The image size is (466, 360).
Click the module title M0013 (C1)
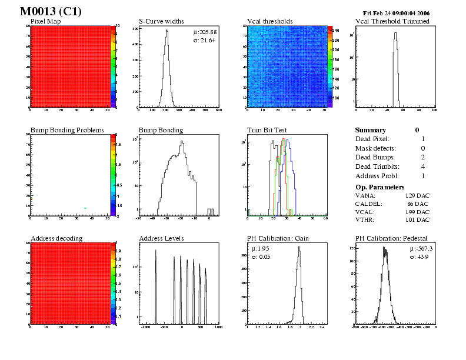(51, 12)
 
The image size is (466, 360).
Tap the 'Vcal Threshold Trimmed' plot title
(392, 22)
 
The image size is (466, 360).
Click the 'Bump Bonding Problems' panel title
(67, 130)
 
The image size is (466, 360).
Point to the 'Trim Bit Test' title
(267, 130)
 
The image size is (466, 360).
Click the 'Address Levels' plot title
(161, 238)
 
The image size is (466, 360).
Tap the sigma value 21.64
(208, 40)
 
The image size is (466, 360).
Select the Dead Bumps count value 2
(423, 157)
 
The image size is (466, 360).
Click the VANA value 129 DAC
(417, 195)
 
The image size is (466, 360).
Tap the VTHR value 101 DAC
(417, 219)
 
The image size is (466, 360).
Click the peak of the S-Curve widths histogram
(167, 31)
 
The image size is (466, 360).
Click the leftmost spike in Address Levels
(156, 251)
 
